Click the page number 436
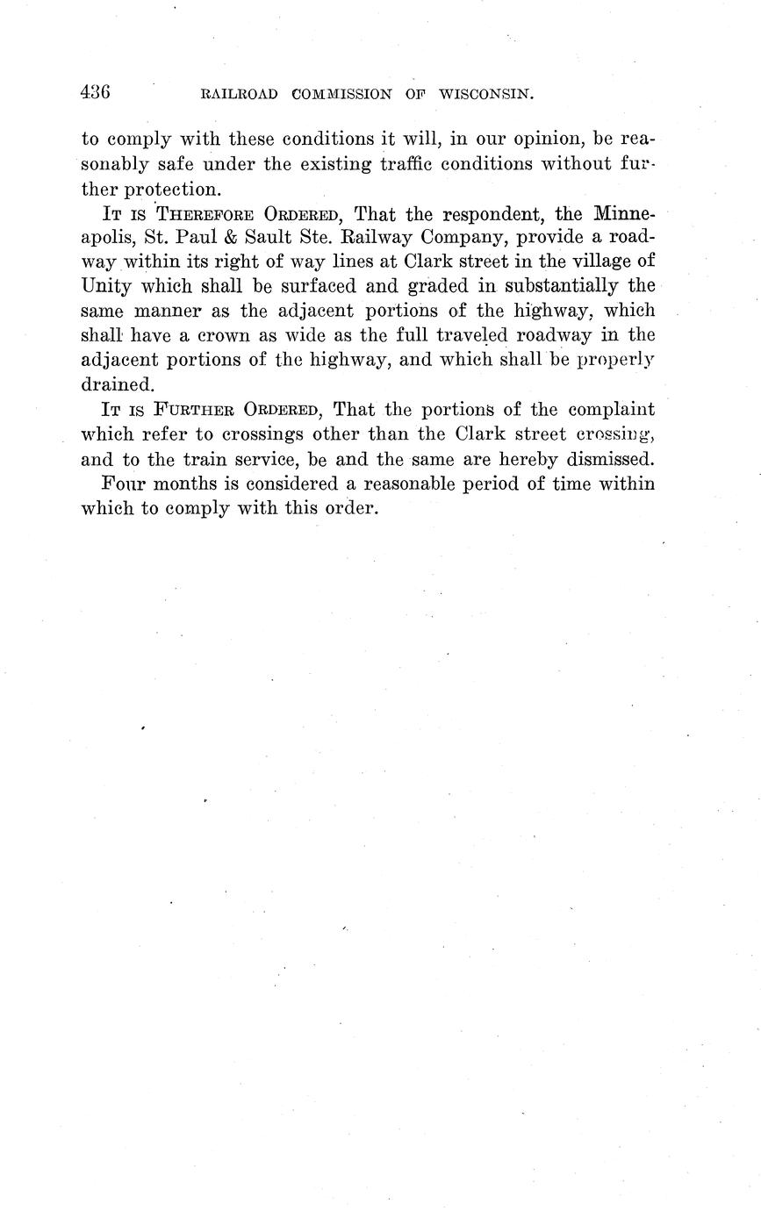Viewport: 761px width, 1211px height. [x=95, y=91]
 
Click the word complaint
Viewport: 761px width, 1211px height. [x=611, y=410]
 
